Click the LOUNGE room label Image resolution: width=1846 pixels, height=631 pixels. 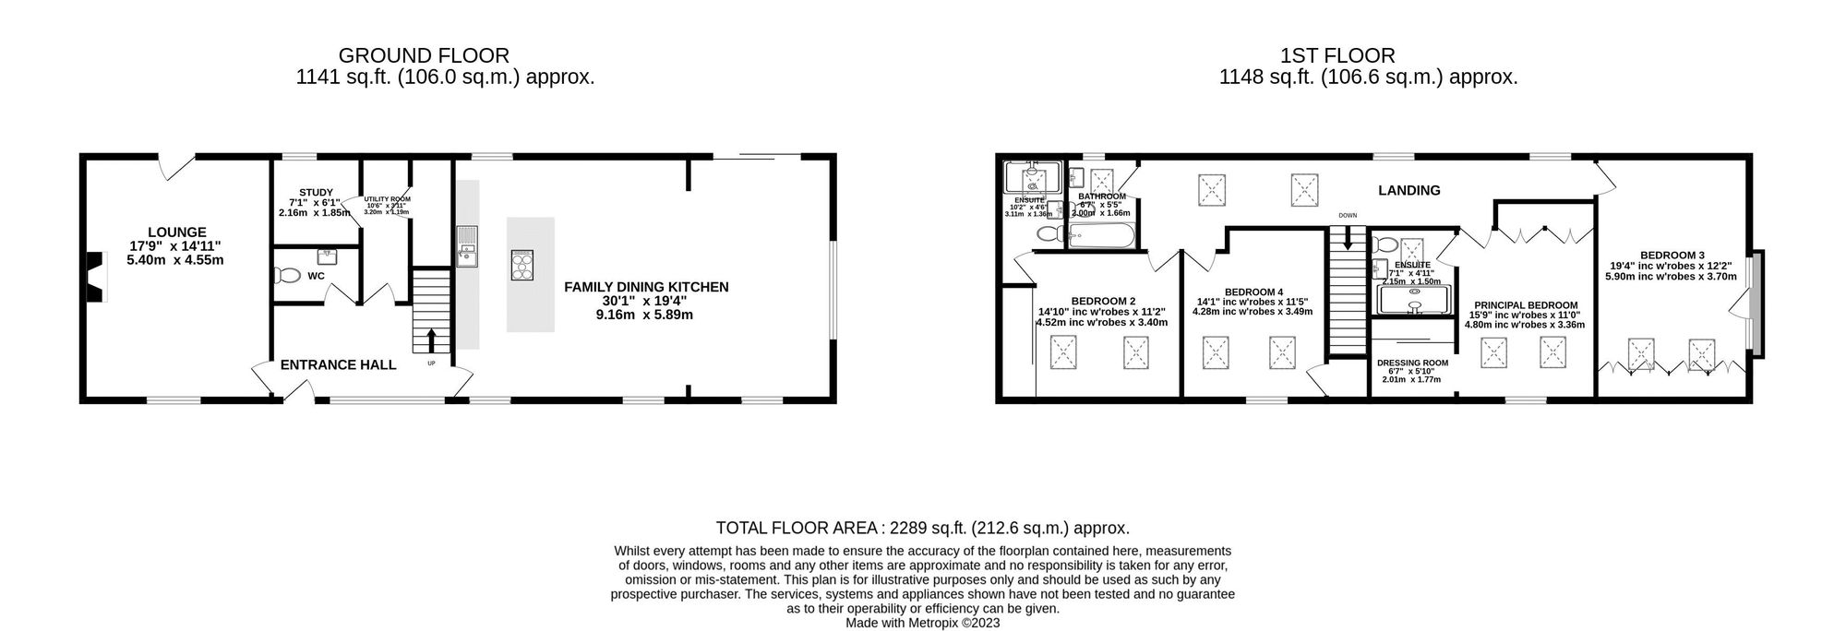[176, 232]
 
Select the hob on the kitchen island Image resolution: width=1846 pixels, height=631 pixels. [521, 265]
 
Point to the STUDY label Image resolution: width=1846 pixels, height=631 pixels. [316, 193]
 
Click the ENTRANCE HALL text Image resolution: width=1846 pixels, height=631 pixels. [338, 365]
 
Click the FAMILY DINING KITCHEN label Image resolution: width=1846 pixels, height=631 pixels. [646, 287]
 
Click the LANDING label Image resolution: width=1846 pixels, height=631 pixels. [1408, 191]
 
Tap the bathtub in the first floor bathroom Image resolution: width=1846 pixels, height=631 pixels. [1101, 237]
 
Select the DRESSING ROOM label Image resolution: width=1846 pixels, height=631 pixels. [1412, 363]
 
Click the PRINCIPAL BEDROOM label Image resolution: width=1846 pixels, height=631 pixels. [1525, 305]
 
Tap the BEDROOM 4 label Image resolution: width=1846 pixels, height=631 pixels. [1253, 292]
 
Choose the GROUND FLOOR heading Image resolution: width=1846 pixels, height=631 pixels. [424, 56]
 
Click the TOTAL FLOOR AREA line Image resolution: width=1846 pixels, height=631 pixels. [922, 529]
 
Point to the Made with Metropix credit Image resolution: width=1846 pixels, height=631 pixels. [922, 623]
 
